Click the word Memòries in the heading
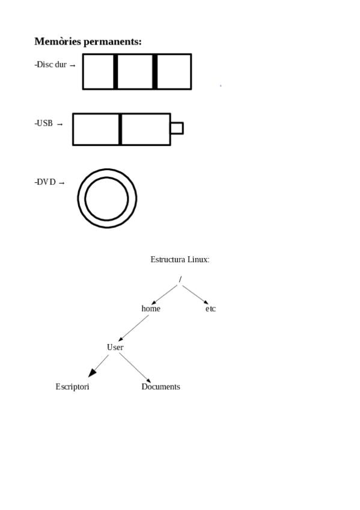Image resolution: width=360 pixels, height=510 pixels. click(x=58, y=41)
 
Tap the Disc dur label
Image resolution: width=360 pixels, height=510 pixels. click(x=50, y=64)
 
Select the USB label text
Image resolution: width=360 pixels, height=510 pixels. click(x=43, y=123)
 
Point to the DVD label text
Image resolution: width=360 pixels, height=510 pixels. click(x=45, y=182)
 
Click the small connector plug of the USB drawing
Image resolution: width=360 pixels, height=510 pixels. click(x=177, y=128)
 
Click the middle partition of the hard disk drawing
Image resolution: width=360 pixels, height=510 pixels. click(x=135, y=72)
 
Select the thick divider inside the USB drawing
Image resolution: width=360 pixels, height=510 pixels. click(x=120, y=129)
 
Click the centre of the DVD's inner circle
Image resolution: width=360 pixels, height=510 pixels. click(x=106, y=198)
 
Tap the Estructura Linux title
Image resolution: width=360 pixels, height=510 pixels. click(x=180, y=259)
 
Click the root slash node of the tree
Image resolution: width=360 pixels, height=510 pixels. click(x=180, y=279)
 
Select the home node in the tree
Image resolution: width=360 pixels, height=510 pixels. click(x=151, y=309)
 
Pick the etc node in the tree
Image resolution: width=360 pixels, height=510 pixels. click(x=210, y=309)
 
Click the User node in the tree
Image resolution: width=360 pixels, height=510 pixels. click(x=115, y=347)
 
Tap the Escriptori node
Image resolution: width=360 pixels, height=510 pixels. click(x=72, y=386)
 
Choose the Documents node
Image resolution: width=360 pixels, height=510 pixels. click(x=160, y=386)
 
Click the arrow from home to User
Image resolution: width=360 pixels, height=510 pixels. click(x=133, y=328)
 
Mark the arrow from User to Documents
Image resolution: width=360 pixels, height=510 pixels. click(x=135, y=368)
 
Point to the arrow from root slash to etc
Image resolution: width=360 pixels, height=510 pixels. click(x=195, y=295)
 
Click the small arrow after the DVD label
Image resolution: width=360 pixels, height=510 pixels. click(x=61, y=183)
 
